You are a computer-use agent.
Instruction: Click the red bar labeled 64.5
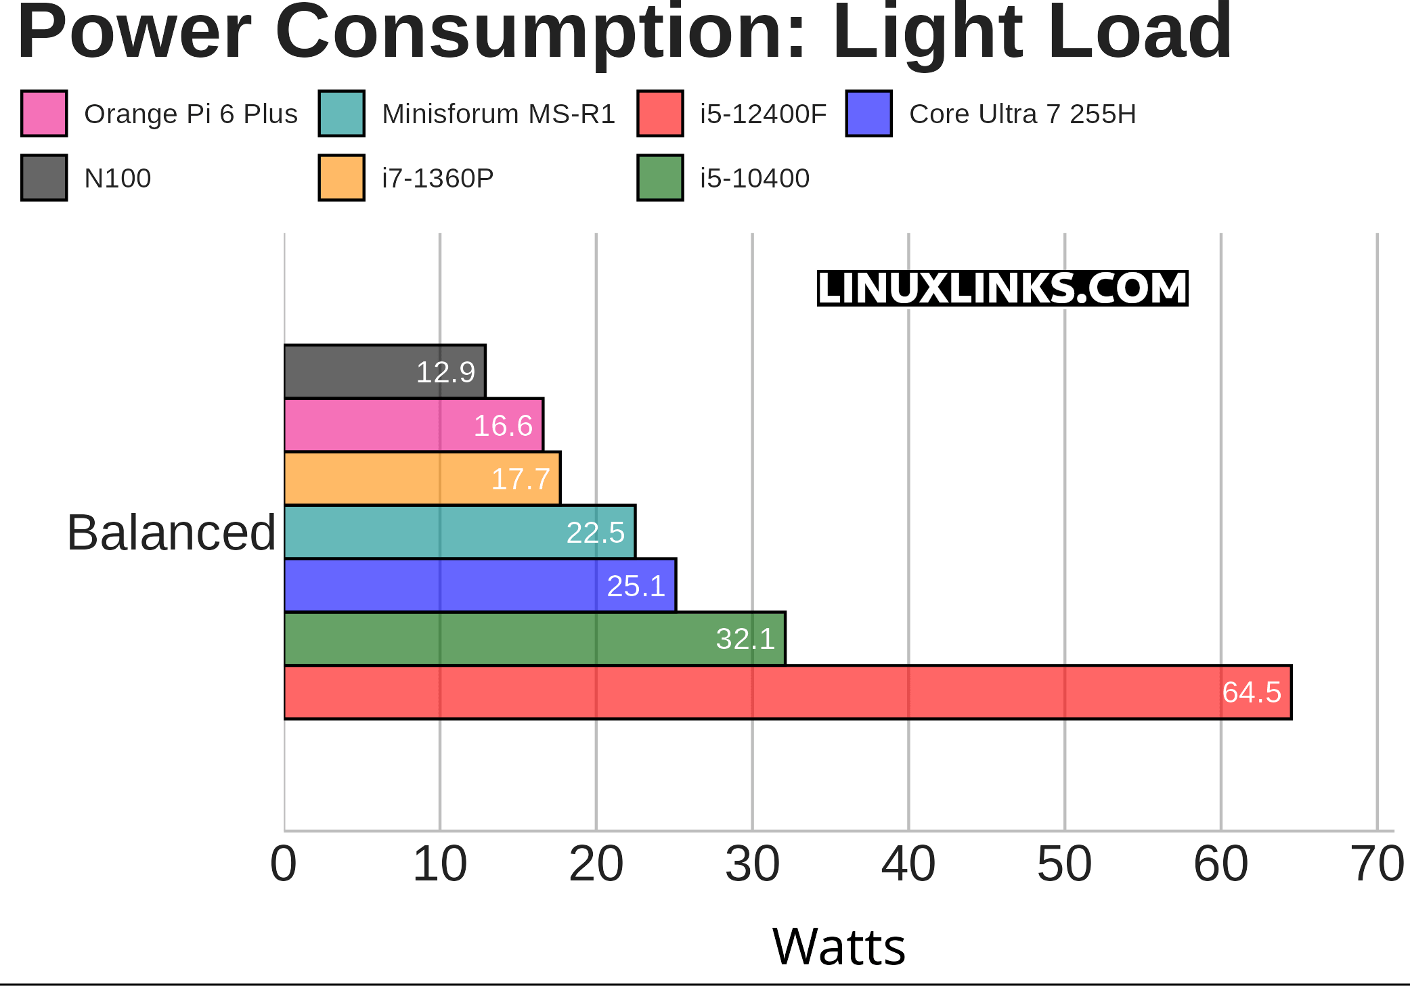coord(787,692)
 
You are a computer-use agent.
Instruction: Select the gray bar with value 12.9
coord(384,372)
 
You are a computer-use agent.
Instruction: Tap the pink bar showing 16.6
coord(413,425)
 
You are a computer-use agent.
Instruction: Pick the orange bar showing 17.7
coord(422,478)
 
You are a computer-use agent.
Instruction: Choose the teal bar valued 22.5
coord(459,532)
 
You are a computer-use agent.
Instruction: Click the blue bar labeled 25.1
coord(479,585)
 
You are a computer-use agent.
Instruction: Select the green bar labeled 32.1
coord(534,639)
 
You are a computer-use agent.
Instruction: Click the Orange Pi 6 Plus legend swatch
coord(44,114)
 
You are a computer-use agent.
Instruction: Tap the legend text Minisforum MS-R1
coord(498,114)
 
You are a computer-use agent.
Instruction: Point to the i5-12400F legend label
coord(763,114)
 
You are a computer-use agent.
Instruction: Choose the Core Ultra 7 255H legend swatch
coord(868,114)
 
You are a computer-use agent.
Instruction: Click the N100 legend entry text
coord(117,179)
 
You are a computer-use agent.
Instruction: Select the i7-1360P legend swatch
coord(341,178)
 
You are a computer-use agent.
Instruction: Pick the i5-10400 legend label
coord(754,179)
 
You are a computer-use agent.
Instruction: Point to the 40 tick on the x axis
coord(908,864)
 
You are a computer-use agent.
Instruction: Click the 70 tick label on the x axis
coord(1377,864)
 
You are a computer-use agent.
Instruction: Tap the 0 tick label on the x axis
coord(284,864)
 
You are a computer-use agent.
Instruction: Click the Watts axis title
coord(838,946)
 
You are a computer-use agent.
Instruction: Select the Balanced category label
coord(171,533)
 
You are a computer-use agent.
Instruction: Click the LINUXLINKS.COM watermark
coord(1002,288)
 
